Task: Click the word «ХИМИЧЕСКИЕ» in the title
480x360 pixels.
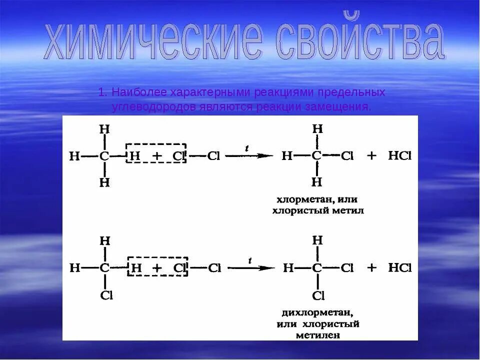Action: point(152,44)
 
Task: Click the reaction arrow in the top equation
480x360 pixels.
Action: point(249,156)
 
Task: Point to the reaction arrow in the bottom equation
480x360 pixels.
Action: point(250,268)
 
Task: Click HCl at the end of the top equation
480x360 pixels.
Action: point(399,156)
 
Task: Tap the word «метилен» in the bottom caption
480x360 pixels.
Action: point(318,335)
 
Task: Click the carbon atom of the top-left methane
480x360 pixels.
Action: point(104,156)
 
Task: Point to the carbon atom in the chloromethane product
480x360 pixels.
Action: point(316,156)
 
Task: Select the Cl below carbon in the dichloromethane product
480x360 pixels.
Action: point(318,295)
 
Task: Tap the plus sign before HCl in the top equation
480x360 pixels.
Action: point(371,156)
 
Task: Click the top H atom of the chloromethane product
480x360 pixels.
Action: point(317,129)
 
